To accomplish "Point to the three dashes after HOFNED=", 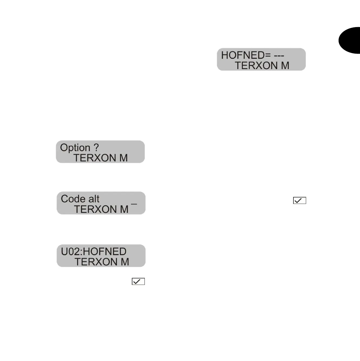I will click(279, 56).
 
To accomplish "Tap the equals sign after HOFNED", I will click(268, 56).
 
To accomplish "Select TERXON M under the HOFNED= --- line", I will click(262, 66).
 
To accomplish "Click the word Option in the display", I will click(75, 148).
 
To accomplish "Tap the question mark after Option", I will click(96, 148).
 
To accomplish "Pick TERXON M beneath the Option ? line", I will click(100, 158).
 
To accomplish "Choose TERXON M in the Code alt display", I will click(101, 209).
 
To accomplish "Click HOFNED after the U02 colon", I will click(105, 252).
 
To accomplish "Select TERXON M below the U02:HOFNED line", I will click(102, 262).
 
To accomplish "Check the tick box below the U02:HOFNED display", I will click(138, 281).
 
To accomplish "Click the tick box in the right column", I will click(299, 200).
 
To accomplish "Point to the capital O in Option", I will click(64, 148).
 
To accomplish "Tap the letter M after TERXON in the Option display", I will click(123, 158).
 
